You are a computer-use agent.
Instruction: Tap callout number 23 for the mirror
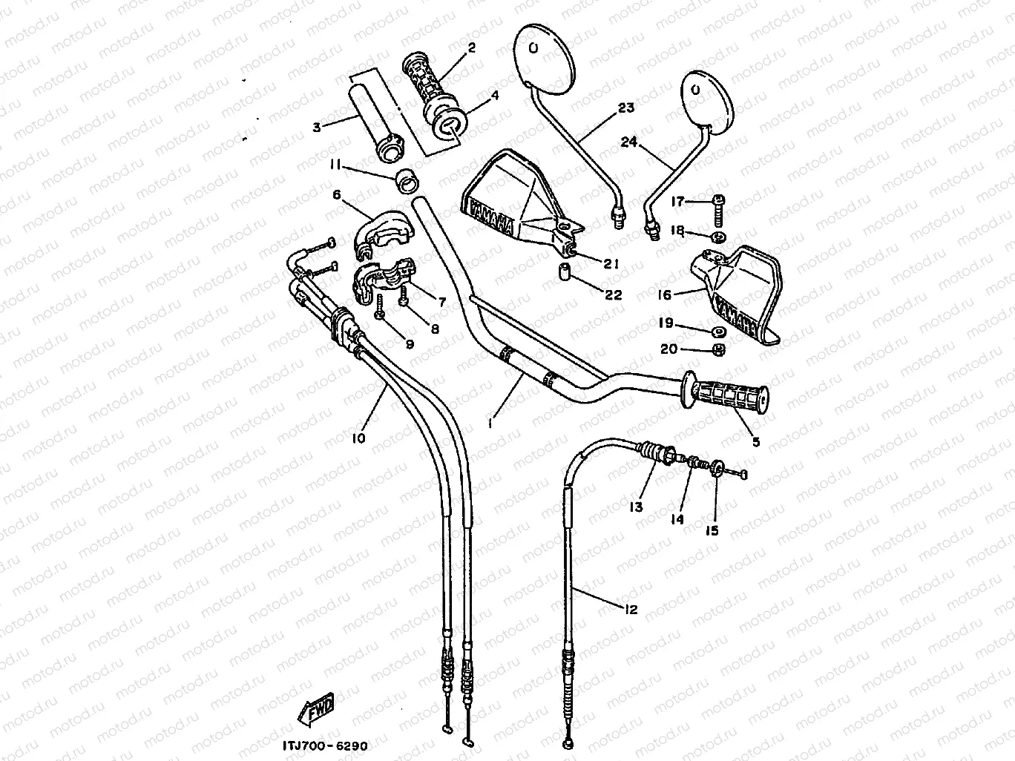[626, 108]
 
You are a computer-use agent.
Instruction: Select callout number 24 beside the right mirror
[629, 142]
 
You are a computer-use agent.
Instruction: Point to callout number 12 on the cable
[631, 610]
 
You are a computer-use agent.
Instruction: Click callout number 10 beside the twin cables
[358, 438]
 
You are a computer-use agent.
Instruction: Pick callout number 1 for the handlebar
[491, 422]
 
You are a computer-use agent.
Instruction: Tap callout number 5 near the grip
[755, 442]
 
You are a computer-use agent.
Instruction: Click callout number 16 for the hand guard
[664, 295]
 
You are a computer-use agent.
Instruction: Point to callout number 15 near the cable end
[712, 530]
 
